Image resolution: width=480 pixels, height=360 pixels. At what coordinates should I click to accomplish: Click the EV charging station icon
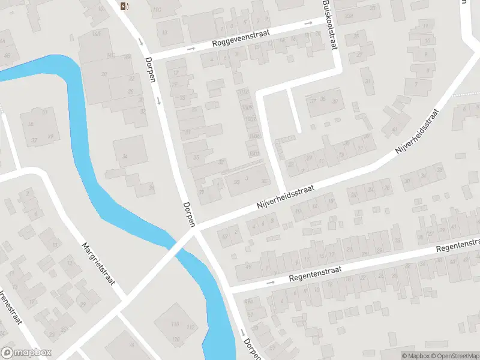[124, 7]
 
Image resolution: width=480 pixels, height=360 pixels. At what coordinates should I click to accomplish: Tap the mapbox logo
[26, 352]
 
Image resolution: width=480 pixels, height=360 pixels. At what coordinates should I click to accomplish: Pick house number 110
[175, 325]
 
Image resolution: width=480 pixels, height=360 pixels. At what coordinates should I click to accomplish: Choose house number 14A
[96, 34]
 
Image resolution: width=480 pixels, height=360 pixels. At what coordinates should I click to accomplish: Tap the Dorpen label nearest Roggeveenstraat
[151, 69]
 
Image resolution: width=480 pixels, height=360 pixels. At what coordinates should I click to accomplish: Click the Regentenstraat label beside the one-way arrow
[314, 274]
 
